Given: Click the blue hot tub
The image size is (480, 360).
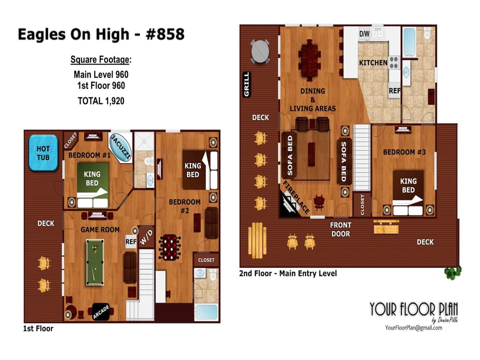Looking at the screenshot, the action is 43,153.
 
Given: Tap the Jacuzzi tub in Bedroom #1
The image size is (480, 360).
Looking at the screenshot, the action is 120,147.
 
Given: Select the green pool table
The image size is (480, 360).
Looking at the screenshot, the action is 95,262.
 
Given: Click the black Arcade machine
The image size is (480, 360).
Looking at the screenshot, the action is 101,311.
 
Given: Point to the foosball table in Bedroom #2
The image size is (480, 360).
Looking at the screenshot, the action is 169,247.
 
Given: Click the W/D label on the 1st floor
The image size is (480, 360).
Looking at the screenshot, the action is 146,237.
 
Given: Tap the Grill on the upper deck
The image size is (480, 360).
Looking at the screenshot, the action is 246,84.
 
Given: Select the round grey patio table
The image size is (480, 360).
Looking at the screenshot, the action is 260,51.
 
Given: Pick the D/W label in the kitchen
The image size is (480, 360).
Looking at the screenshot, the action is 364,33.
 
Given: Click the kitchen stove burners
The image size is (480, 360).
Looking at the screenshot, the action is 393,62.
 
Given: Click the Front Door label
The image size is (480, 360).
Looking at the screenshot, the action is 340,229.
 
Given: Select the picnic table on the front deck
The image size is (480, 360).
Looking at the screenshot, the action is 257,240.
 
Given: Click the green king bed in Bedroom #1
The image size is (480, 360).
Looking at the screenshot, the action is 92,185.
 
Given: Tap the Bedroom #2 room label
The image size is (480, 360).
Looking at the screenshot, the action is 184,206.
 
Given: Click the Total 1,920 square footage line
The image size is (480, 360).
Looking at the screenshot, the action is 101,100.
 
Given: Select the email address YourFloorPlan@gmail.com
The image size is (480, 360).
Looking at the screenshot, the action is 413,328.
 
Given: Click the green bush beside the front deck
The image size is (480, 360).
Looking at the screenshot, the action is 453,272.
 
